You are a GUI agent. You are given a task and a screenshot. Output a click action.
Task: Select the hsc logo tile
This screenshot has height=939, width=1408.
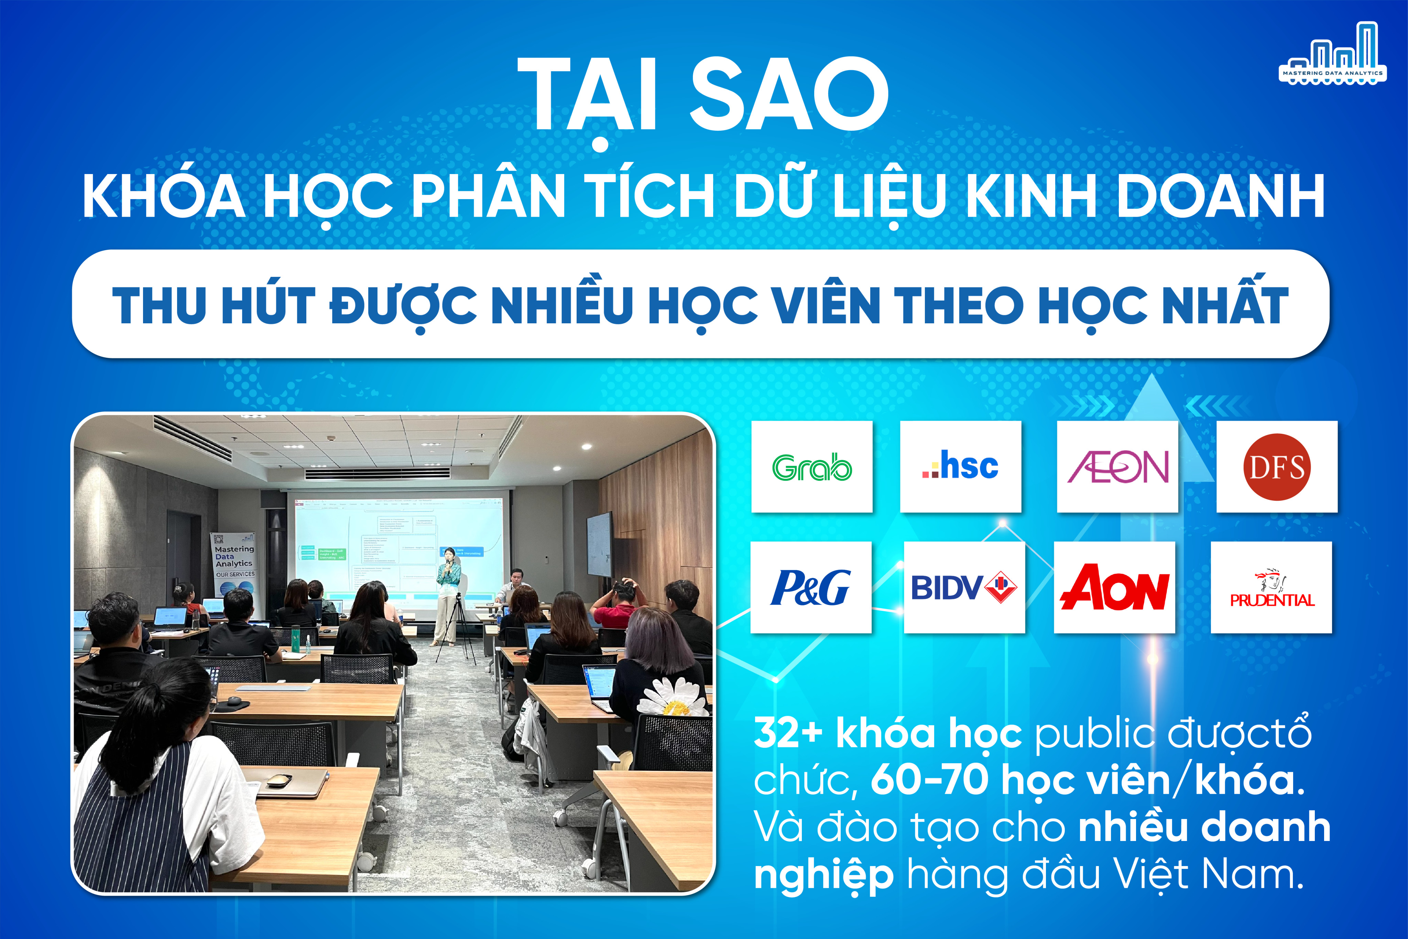[x=960, y=466]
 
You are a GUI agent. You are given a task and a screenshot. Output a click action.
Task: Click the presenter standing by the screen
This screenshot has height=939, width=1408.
[x=448, y=593]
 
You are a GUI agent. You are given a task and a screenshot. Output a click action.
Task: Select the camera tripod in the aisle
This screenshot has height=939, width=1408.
[x=456, y=629]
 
